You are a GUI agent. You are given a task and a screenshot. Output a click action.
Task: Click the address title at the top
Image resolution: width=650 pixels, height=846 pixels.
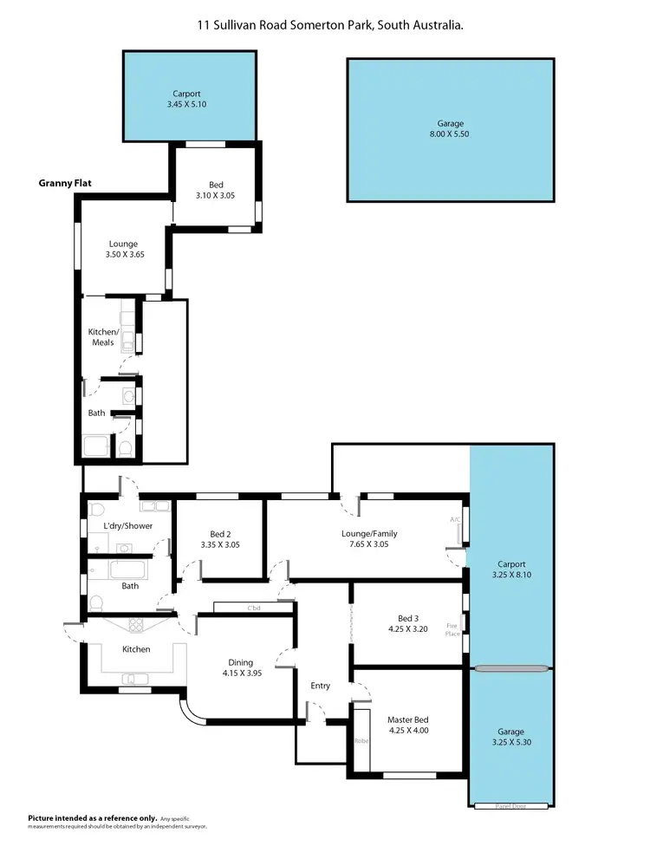click(329, 26)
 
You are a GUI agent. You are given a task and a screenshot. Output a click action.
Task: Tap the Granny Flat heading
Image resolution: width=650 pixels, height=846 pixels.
click(65, 183)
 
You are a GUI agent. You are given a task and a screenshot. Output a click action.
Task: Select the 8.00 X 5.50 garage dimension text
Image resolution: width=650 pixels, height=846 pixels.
click(449, 134)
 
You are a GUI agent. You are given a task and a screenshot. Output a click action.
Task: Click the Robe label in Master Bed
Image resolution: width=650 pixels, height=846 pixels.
click(361, 741)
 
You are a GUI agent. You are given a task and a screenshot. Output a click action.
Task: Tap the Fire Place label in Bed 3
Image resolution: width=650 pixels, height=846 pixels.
click(451, 628)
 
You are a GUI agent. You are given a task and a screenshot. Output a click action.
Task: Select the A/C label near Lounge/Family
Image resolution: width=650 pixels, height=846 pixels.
click(454, 519)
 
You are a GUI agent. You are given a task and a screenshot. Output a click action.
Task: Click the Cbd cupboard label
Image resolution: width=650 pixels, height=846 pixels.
click(254, 608)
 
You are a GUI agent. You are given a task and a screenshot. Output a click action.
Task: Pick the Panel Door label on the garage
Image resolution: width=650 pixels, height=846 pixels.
click(510, 805)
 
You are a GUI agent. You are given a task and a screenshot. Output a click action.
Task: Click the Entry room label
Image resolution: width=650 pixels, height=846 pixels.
click(320, 686)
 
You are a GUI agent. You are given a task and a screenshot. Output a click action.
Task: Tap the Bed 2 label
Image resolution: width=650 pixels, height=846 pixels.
click(220, 534)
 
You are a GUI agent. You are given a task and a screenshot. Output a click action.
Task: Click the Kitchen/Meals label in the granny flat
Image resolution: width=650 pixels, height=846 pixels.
click(102, 337)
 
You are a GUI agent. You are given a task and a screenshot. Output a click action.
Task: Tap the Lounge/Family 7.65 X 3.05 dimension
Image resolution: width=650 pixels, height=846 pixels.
click(369, 545)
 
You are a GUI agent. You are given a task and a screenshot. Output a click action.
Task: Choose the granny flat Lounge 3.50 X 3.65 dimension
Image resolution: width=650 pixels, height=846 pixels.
click(123, 256)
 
